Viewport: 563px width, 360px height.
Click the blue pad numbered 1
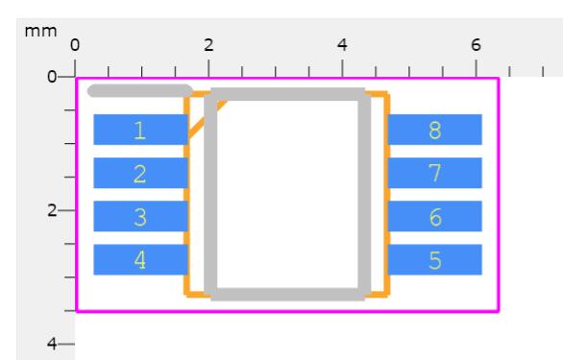[x=140, y=130]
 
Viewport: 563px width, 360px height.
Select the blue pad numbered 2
[x=140, y=173]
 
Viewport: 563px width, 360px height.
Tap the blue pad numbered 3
[x=140, y=216]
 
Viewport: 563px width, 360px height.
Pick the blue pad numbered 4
[x=140, y=260]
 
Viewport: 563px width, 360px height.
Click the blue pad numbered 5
[x=435, y=260]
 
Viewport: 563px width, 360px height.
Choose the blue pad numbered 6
[x=435, y=216]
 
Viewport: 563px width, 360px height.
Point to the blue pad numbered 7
[x=435, y=173]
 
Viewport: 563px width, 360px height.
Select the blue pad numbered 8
[x=435, y=130]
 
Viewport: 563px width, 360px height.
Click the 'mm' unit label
[x=40, y=32]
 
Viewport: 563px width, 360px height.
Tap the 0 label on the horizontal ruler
[x=75, y=45]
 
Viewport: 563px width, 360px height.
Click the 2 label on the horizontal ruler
[x=208, y=45]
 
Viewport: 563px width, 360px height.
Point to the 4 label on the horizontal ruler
[x=342, y=45]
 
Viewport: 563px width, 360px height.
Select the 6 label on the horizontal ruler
[x=476, y=45]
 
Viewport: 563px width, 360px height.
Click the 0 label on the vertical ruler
[x=52, y=77]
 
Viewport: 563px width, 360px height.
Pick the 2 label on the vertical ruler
[x=52, y=210]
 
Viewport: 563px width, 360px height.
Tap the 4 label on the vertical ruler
[x=52, y=345]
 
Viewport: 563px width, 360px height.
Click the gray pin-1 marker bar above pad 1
[x=140, y=91]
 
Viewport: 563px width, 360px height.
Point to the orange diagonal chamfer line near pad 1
[x=207, y=119]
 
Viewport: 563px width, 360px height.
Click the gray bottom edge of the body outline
[x=287, y=295]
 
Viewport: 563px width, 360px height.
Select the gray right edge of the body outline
[x=364, y=194]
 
